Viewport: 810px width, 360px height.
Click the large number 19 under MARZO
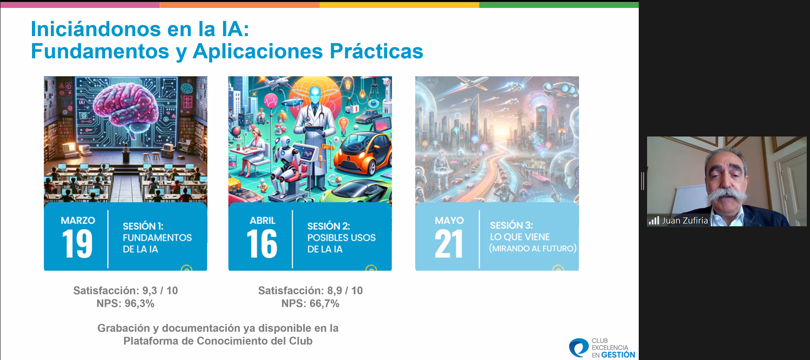77,243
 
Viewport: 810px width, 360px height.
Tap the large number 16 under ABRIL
262,243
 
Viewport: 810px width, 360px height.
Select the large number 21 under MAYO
449,243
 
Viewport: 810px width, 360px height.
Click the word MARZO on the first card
78,220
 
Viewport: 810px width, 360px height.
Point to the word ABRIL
262,220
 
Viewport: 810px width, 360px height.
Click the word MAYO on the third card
449,220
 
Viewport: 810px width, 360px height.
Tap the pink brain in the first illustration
125,104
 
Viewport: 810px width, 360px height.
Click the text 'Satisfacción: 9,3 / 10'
125,291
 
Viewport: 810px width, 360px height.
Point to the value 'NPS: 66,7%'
310,304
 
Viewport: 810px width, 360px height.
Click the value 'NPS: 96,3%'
125,304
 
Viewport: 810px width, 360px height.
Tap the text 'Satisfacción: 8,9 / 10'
310,291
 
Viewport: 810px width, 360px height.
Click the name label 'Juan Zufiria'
685,221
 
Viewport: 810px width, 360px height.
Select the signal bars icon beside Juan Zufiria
654,221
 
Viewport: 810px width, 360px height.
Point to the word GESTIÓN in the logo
618,355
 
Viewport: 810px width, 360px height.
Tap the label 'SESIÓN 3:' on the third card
511,225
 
